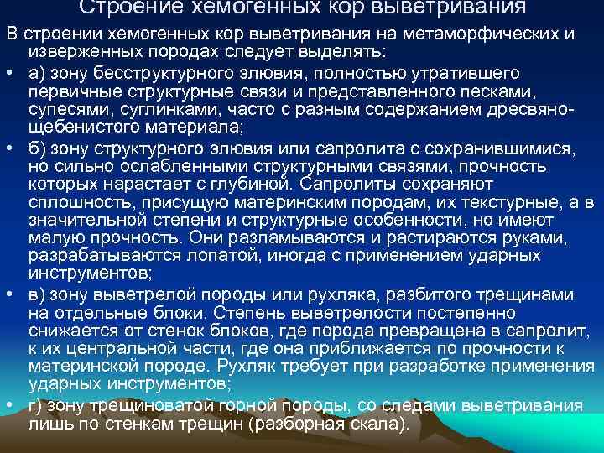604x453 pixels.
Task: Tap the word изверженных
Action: point(79,53)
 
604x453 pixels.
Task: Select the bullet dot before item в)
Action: point(8,294)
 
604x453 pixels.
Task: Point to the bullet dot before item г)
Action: point(8,404)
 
